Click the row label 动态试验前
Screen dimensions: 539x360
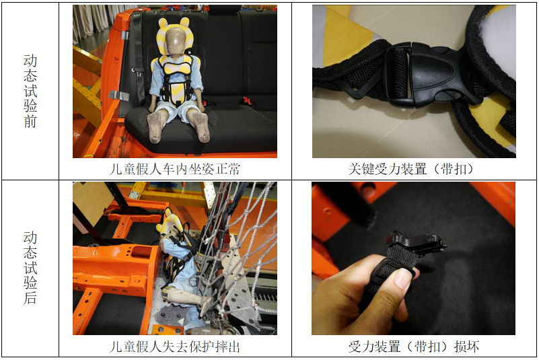[30, 91]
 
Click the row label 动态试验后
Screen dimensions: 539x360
[30, 268]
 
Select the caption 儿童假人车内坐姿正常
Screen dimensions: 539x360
[175, 169]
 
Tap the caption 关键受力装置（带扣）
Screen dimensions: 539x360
[411, 169]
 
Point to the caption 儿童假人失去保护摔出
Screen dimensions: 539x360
[175, 347]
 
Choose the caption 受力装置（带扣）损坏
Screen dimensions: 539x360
[414, 347]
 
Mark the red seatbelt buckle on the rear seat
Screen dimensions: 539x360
[248, 101]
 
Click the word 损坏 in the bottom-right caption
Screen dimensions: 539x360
[467, 347]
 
